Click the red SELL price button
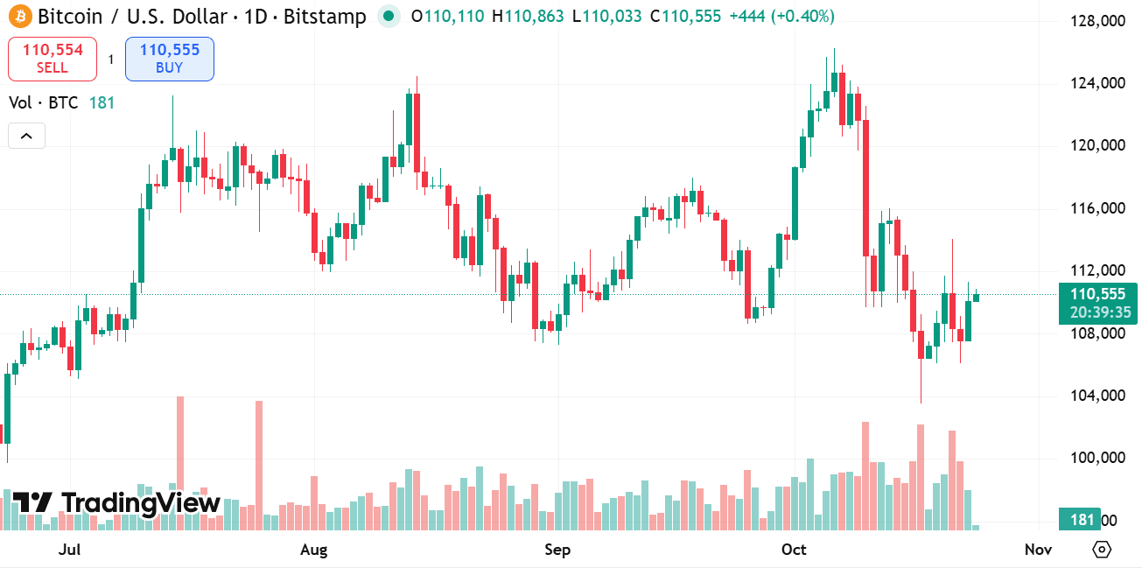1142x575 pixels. pyautogui.click(x=53, y=59)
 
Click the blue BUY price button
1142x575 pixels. pyautogui.click(x=170, y=59)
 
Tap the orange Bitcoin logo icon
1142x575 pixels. pyautogui.click(x=19, y=16)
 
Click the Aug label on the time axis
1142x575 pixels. pyautogui.click(x=313, y=550)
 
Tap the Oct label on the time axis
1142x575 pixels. pyautogui.click(x=794, y=550)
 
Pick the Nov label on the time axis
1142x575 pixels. pyautogui.click(x=1038, y=550)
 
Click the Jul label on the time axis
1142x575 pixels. pyautogui.click(x=69, y=550)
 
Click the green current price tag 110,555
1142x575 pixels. pyautogui.click(x=1097, y=295)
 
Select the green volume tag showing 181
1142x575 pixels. pyautogui.click(x=1082, y=520)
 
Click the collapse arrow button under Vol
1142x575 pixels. pyautogui.click(x=26, y=136)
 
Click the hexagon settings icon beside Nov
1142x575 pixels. pyautogui.click(x=1102, y=550)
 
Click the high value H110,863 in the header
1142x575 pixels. pyautogui.click(x=528, y=16)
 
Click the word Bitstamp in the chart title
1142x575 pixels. pyautogui.click(x=325, y=16)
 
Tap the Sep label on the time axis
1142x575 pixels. pyautogui.click(x=557, y=550)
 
